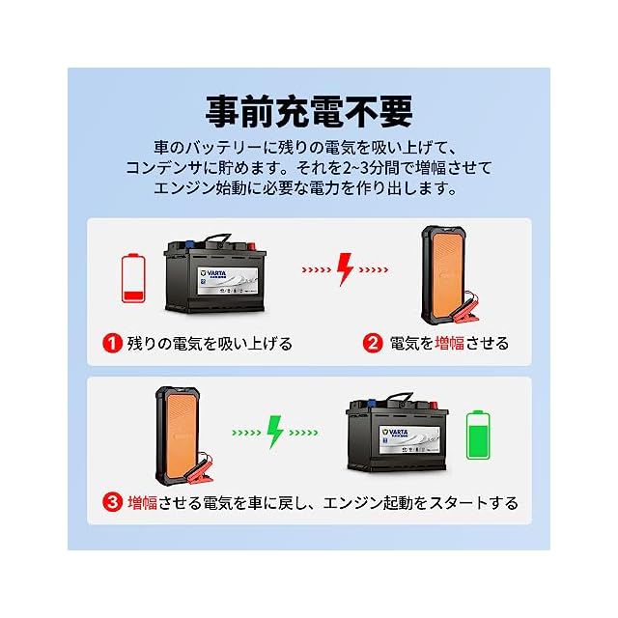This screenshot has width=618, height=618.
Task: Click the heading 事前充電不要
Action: point(308,110)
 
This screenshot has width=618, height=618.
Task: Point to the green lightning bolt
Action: point(275,431)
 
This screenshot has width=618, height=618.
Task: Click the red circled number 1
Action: point(113,344)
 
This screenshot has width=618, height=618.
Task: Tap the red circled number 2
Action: point(373,344)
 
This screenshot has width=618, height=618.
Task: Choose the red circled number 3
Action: point(113,502)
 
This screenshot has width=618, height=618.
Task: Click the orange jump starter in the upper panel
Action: point(446,271)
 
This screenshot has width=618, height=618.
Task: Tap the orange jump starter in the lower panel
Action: point(178,431)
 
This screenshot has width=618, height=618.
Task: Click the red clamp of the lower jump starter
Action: point(218,474)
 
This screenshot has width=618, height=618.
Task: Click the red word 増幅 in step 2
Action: point(450,344)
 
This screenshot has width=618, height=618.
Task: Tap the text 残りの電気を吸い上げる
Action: point(210,344)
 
